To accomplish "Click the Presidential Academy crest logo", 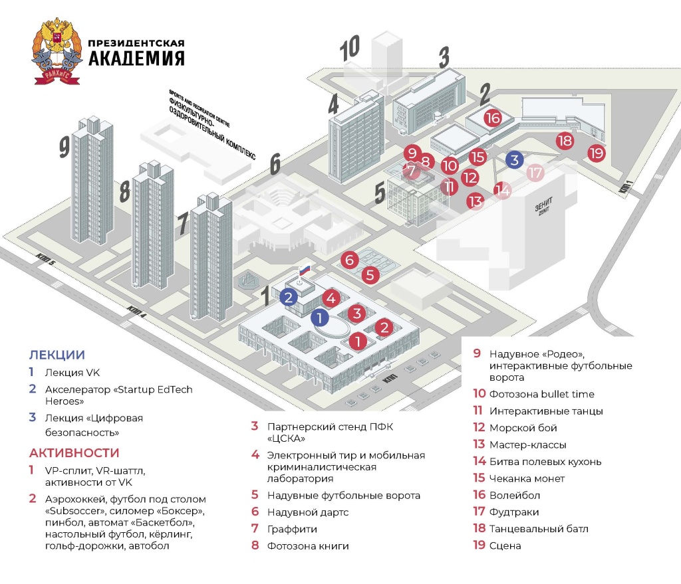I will pyautogui.click(x=56, y=52).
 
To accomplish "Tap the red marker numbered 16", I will pyautogui.click(x=492, y=118).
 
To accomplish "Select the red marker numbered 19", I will pyautogui.click(x=596, y=153).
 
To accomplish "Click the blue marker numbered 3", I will pyautogui.click(x=514, y=159).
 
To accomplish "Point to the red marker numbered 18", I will pyautogui.click(x=565, y=141).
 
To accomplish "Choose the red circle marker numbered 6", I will pyautogui.click(x=350, y=260).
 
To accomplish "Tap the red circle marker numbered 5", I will pyautogui.click(x=371, y=274).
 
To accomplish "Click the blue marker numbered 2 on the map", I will pyautogui.click(x=288, y=298).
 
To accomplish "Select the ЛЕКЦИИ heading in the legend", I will pyautogui.click(x=57, y=355).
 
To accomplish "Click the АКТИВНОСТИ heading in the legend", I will pyautogui.click(x=74, y=453).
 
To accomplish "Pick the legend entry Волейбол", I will pyautogui.click(x=514, y=495).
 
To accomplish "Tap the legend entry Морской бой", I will pyautogui.click(x=523, y=428).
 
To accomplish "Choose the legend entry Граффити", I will pyautogui.click(x=292, y=529).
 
